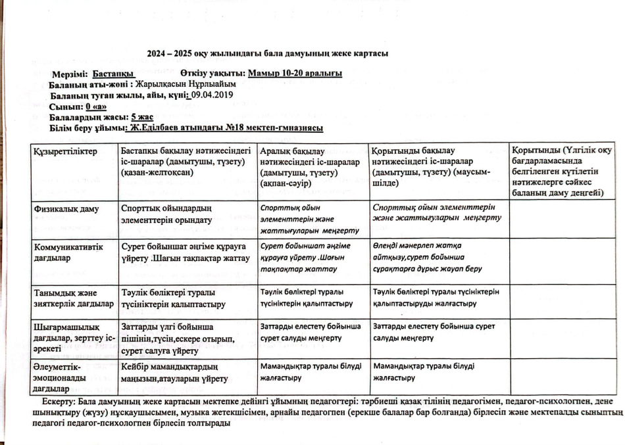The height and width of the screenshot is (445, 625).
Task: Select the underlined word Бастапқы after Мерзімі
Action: coord(113,74)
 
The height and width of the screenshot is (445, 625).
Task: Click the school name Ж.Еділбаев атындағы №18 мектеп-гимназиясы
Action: coord(226,128)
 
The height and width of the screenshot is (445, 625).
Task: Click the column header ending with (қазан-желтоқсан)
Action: coord(184,161)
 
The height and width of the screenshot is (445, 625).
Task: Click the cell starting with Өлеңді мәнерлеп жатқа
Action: coord(426,257)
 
